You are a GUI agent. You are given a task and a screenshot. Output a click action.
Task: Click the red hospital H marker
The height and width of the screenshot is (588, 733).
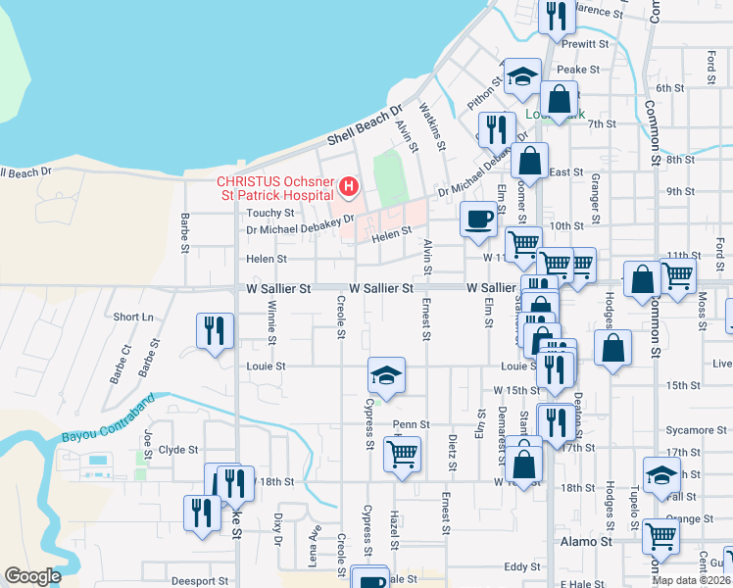[347, 186]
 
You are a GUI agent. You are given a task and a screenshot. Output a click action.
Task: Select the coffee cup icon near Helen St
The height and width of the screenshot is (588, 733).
[478, 219]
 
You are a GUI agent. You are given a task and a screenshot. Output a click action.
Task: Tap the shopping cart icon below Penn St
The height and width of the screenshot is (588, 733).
[402, 454]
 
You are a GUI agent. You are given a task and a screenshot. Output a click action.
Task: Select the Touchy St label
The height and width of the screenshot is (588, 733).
[271, 213]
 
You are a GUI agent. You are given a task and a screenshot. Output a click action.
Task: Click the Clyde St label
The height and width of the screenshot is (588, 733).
[178, 451]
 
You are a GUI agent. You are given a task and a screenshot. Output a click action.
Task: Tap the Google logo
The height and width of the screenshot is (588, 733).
[32, 576]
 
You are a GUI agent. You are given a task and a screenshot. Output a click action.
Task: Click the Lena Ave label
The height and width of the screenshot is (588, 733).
[316, 546]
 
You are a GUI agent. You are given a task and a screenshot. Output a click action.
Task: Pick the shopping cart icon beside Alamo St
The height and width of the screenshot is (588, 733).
[661, 535]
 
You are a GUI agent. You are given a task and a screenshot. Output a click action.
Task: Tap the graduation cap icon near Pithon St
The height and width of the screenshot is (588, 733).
[523, 77]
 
